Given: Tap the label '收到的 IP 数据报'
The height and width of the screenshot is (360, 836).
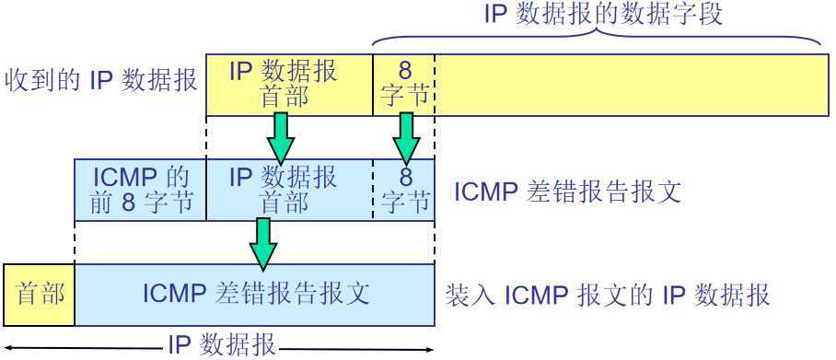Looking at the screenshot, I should [x=101, y=81].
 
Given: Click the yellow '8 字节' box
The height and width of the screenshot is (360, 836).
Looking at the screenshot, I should [x=404, y=84].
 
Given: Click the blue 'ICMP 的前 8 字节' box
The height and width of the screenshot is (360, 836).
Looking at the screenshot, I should [x=140, y=189].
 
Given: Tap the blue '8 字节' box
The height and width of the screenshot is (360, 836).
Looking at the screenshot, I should [x=404, y=189].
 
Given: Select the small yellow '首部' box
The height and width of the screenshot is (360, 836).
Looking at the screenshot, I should [x=40, y=295].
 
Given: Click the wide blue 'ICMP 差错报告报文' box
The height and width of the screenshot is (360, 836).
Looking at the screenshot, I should [x=255, y=295].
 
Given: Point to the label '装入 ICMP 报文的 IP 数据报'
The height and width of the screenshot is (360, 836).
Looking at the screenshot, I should [x=608, y=296].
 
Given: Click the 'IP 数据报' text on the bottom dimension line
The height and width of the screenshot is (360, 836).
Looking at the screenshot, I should [x=222, y=345].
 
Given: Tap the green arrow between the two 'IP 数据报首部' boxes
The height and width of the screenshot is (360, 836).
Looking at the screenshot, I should [x=282, y=137].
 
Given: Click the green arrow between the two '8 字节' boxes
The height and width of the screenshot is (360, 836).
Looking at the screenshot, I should [x=406, y=137].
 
